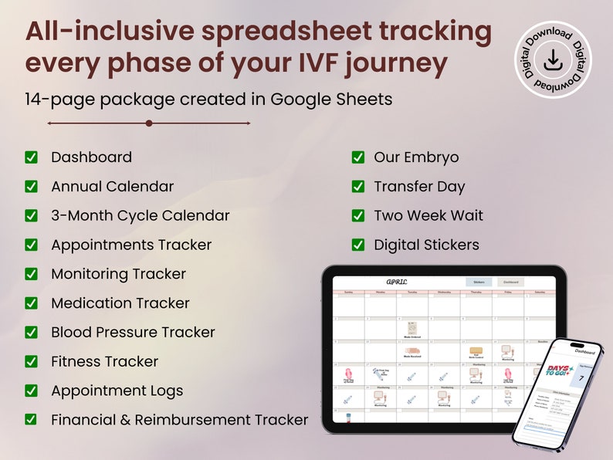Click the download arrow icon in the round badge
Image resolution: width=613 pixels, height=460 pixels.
tap(552, 60)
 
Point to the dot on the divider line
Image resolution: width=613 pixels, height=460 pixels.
tap(149, 123)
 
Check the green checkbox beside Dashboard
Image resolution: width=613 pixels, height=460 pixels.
tap(32, 157)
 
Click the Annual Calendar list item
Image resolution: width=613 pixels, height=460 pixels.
tap(112, 187)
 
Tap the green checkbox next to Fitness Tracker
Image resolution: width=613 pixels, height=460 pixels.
tap(32, 361)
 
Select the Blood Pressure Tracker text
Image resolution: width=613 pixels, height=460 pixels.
tap(133, 333)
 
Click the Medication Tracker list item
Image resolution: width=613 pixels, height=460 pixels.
tap(120, 303)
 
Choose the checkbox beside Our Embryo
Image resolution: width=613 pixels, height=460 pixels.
tap(358, 157)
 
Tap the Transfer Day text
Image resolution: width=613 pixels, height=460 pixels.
tap(419, 187)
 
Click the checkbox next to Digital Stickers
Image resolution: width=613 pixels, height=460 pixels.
tap(358, 245)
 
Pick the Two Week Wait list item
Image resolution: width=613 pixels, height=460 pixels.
tap(428, 215)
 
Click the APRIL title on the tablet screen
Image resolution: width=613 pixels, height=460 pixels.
tap(396, 282)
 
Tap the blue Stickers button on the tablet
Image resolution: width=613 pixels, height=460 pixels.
tap(478, 282)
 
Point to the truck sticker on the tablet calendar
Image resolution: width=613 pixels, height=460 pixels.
tap(412, 350)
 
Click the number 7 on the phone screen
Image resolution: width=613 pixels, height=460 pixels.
tap(581, 378)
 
